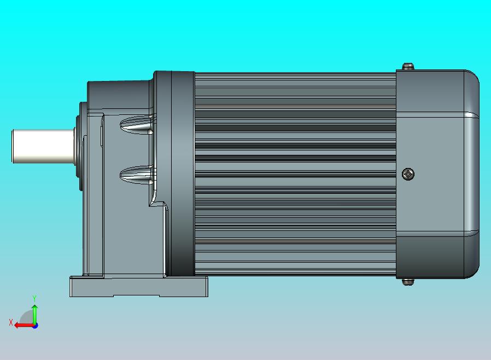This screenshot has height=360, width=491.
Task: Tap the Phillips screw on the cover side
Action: (408, 174)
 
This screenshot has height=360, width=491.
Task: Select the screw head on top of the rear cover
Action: (408, 67)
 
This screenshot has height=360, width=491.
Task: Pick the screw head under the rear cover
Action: (408, 282)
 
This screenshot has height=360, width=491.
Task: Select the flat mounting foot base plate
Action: (138, 287)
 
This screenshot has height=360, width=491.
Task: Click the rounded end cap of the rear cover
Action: (471, 174)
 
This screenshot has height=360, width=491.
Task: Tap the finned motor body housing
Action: (295, 174)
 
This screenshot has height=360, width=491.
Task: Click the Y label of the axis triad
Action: (34, 298)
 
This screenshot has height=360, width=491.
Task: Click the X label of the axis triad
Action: (11, 322)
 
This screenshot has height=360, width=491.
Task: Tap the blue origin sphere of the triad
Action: (34, 325)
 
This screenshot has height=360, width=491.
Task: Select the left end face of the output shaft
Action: (14, 146)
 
